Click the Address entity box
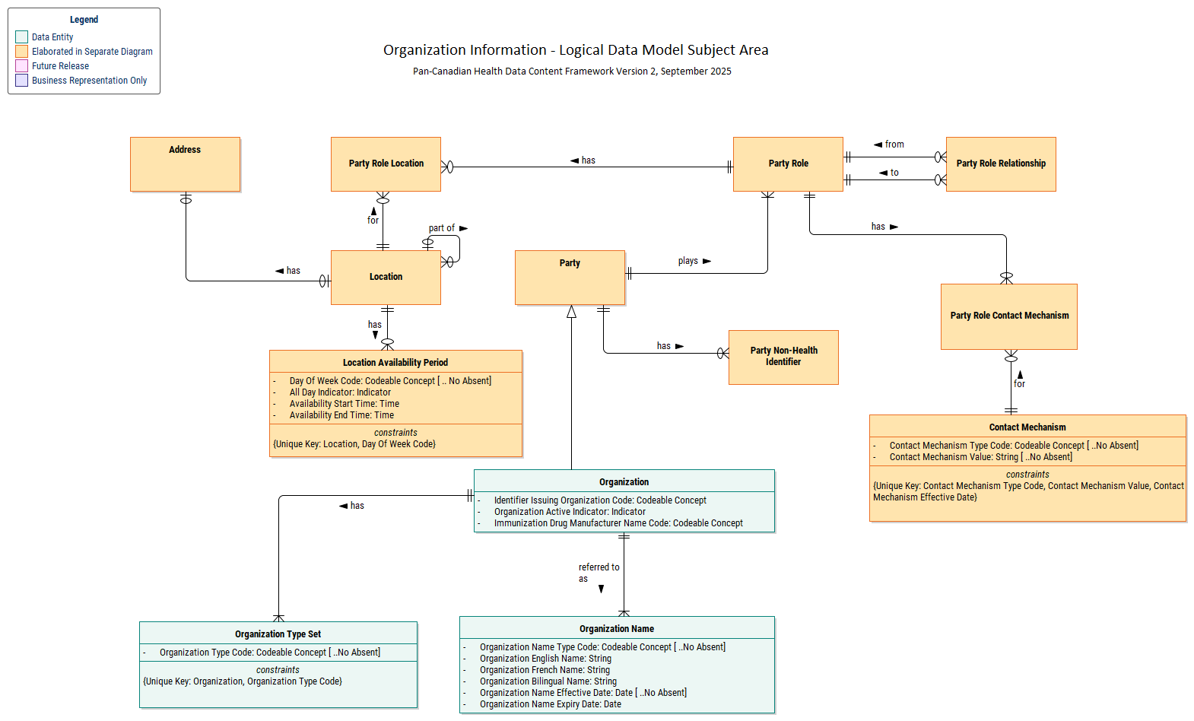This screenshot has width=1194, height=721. click(185, 164)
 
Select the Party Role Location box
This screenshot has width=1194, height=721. click(386, 164)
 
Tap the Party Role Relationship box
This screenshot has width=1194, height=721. click(1001, 164)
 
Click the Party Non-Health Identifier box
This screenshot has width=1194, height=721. click(783, 357)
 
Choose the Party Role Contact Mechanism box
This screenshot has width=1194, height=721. click(1008, 316)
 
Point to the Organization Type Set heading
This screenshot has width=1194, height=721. click(278, 634)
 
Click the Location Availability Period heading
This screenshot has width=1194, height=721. click(395, 363)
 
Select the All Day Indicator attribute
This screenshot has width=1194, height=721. click(340, 392)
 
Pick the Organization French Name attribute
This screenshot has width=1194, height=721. click(545, 670)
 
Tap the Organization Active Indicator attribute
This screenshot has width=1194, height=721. click(570, 512)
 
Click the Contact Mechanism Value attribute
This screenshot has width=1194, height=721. click(980, 457)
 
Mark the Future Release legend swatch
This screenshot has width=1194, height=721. click(22, 66)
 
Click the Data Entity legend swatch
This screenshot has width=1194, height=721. click(22, 37)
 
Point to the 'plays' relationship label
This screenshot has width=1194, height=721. click(688, 261)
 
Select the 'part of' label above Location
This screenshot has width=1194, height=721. click(441, 228)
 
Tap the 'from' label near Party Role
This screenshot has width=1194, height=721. click(894, 145)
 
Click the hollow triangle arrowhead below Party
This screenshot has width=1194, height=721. click(571, 312)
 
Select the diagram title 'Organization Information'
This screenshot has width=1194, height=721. click(576, 50)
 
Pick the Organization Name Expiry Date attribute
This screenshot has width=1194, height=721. click(550, 704)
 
